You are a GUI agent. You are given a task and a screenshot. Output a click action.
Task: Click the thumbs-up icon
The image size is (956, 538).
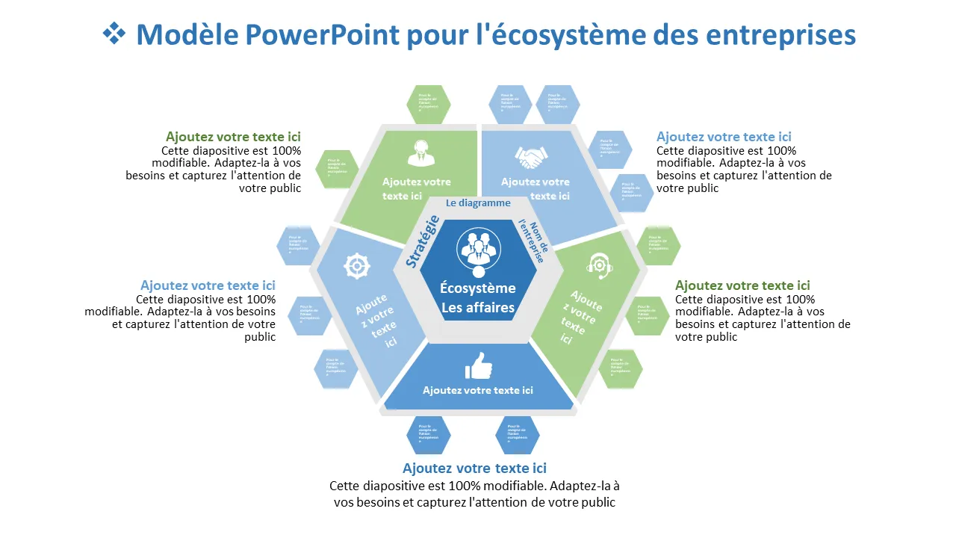click(479, 366)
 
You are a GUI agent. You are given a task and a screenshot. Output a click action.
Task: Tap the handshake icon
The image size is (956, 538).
click(531, 157)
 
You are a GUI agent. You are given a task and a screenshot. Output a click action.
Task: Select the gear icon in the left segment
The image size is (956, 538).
click(357, 265)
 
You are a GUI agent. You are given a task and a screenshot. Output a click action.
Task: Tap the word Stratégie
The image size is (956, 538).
click(422, 241)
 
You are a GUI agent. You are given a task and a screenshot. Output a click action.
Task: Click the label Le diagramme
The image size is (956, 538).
click(478, 202)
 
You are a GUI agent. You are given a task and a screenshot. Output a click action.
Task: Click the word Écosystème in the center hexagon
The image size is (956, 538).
click(478, 288)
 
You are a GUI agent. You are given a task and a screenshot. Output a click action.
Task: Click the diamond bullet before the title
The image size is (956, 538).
click(114, 34)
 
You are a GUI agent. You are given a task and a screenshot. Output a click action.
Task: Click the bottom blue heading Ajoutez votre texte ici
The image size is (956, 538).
click(474, 469)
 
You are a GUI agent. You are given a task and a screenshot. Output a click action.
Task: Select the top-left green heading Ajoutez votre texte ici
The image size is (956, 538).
click(233, 137)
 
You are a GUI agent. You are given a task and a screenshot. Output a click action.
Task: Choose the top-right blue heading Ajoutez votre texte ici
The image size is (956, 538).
click(724, 137)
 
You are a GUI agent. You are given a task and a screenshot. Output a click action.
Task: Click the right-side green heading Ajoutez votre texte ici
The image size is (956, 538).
click(742, 285)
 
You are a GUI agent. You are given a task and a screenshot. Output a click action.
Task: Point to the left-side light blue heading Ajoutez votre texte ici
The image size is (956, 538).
click(208, 285)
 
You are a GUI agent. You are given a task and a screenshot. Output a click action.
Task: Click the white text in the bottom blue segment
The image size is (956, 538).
click(478, 390)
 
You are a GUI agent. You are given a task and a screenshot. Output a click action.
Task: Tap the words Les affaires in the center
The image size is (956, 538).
click(478, 307)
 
